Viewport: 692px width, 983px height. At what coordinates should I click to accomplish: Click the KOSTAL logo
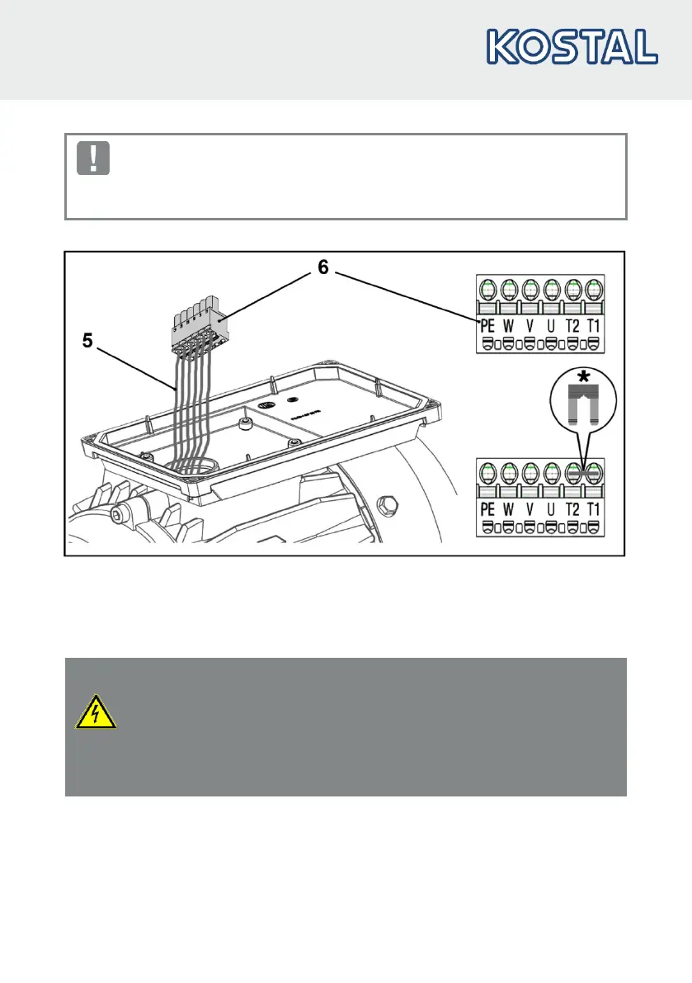(x=572, y=47)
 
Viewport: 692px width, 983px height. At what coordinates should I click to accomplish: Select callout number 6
(x=322, y=267)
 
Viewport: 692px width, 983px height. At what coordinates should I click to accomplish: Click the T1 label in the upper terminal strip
(x=593, y=326)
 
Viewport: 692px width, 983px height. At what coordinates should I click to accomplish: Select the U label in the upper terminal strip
(x=551, y=326)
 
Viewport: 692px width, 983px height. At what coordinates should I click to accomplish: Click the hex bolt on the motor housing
(x=386, y=503)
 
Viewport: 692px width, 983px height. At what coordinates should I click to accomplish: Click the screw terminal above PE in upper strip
(x=488, y=291)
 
